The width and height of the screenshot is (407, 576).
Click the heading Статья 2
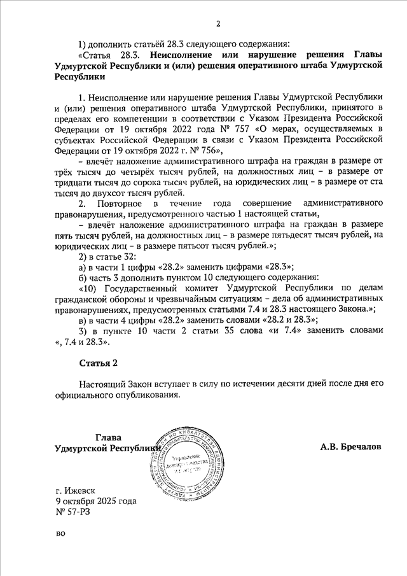[x=99, y=363]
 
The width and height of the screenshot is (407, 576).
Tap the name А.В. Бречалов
[x=350, y=447]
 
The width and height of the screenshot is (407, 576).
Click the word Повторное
[x=121, y=203]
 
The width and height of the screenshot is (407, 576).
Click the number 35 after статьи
[x=222, y=331]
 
